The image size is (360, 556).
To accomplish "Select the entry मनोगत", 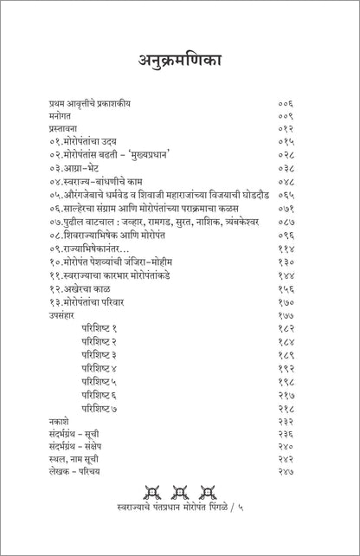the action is coord(61,116).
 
